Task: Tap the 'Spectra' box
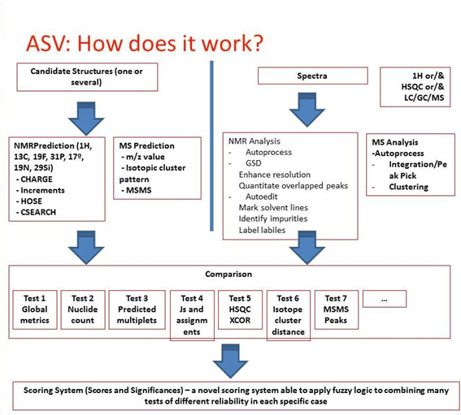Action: click(x=308, y=76)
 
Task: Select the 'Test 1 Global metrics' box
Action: click(x=34, y=309)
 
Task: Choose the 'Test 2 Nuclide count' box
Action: click(x=82, y=309)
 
